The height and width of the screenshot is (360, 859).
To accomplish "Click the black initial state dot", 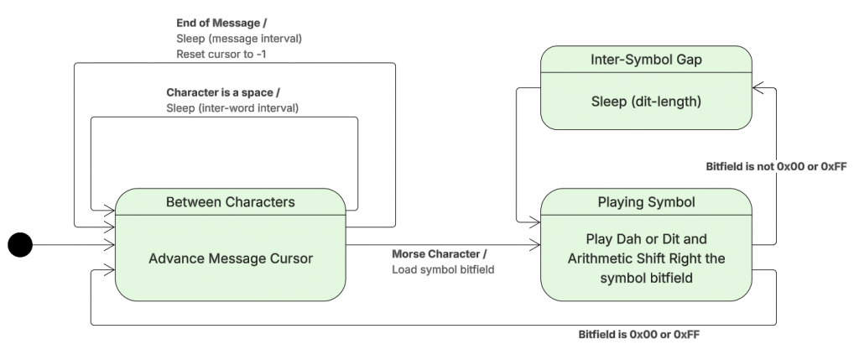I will [19, 244].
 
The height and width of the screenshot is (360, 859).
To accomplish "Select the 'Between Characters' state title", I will [230, 201].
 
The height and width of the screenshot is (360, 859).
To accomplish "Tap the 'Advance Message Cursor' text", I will [230, 258].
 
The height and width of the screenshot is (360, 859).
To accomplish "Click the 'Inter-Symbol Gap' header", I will [645, 60].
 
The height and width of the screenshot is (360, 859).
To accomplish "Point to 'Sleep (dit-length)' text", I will [645, 102].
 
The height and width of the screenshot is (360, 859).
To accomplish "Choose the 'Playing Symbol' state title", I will [645, 201].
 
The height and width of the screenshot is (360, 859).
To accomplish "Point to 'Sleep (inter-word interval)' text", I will [232, 107].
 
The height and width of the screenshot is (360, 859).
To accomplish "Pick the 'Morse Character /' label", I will [439, 254].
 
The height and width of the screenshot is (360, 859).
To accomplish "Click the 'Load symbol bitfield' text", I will [441, 269].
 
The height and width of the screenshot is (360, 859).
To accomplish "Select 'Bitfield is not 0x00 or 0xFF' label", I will [776, 166].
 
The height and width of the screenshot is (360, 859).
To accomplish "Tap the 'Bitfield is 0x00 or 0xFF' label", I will [639, 333].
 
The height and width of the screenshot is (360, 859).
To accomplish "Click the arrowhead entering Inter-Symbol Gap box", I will [757, 87].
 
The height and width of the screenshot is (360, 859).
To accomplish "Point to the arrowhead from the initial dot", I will [110, 244].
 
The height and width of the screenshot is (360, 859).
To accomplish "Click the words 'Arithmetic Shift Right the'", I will [645, 258].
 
